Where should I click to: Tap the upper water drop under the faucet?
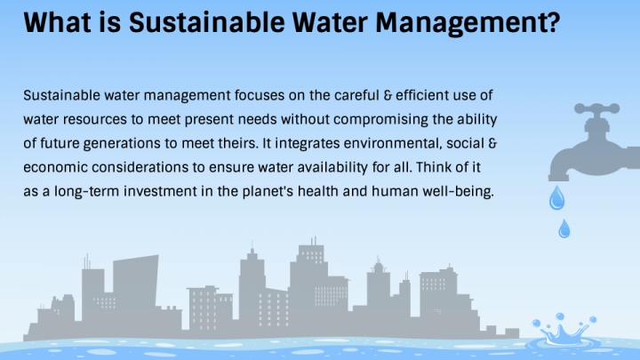pos(557,198)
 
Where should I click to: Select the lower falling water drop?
pos(563,229)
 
